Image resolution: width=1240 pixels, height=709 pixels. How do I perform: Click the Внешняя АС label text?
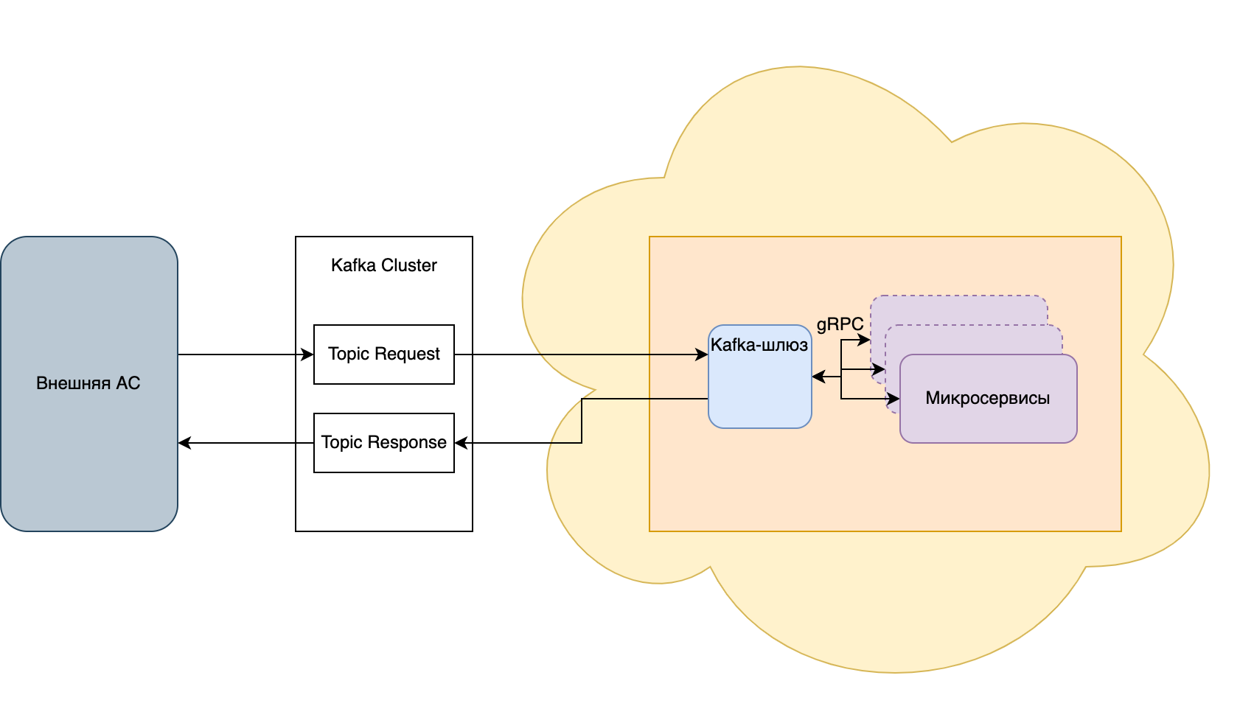88,383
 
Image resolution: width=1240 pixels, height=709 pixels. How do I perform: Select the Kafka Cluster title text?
383,265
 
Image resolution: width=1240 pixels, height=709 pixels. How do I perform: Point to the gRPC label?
840,324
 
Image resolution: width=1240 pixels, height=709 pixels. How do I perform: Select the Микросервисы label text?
987,399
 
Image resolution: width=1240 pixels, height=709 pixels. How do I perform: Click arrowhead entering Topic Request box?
308,354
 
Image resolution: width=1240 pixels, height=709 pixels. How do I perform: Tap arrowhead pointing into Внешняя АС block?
184,443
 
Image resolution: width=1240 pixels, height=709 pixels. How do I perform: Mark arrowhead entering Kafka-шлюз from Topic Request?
703,354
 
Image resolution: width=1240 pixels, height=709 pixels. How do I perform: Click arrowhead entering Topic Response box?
461,443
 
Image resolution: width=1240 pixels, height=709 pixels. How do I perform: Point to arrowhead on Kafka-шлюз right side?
818,377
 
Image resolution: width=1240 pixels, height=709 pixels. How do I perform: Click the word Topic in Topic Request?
344,354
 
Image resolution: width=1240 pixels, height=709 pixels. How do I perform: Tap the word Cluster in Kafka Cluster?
409,265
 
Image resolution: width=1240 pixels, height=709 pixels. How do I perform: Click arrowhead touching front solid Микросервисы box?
894,399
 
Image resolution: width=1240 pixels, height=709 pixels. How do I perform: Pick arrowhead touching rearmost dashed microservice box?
864,340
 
